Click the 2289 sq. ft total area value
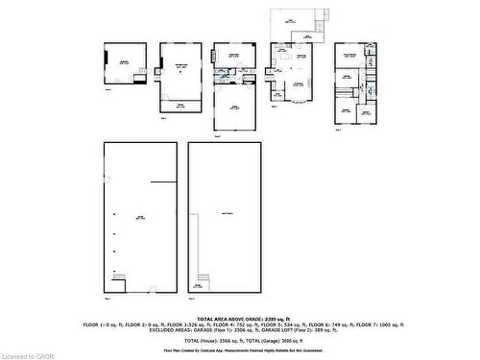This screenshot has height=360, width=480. pos(270,318)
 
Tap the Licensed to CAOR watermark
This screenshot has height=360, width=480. pos(31,353)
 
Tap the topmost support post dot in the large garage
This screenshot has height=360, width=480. pos(114,214)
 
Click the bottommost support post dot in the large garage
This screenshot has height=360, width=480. pos(114,269)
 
